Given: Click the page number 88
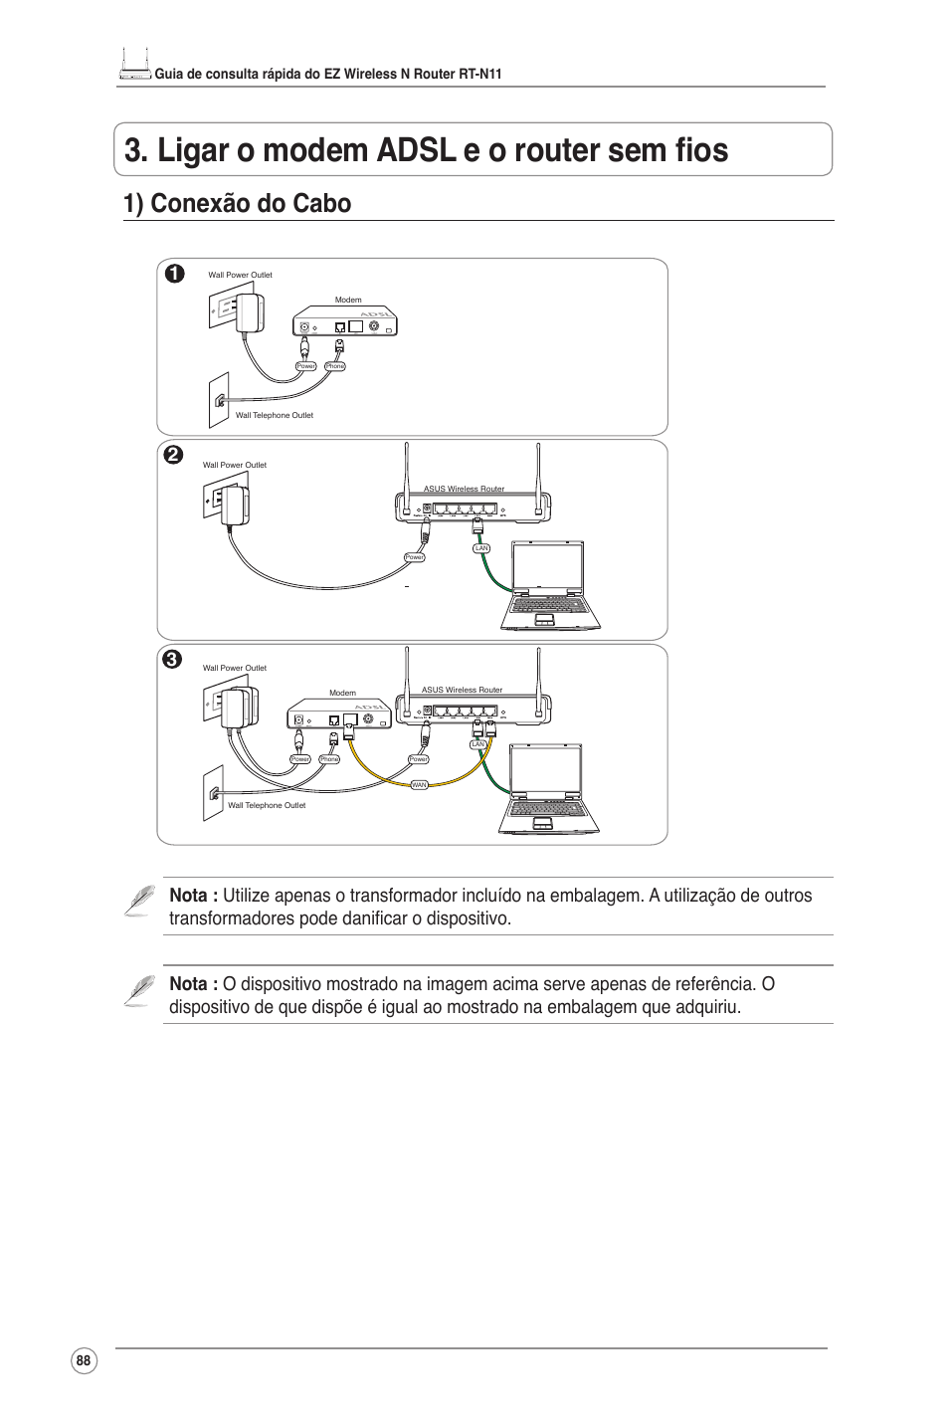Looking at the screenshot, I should click(x=84, y=1361).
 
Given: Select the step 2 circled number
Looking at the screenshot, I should click(x=174, y=455).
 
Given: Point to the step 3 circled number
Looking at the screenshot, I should click(x=173, y=659).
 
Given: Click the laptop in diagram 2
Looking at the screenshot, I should click(x=549, y=587).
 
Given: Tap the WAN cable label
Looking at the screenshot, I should click(x=419, y=785).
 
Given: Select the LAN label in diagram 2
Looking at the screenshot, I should click(x=481, y=548).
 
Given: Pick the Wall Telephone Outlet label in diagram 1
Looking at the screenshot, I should click(x=274, y=415).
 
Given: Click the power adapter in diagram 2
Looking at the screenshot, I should click(x=236, y=507).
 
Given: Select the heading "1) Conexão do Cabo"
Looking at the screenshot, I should click(x=237, y=203).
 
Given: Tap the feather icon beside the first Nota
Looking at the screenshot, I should click(x=140, y=900).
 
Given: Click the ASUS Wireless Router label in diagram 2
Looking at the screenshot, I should click(x=464, y=489).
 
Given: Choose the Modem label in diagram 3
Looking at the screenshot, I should click(x=342, y=693).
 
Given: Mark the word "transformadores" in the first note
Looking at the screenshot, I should click(x=230, y=918).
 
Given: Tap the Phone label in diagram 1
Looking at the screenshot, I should click(x=335, y=366).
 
